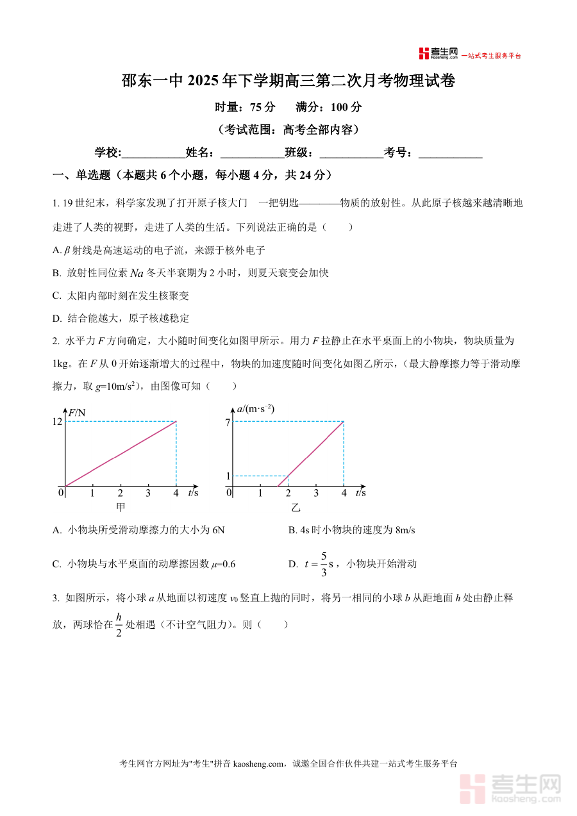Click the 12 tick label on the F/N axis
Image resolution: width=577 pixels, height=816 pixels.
(x=57, y=421)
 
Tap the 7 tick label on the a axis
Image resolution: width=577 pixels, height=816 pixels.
(x=227, y=421)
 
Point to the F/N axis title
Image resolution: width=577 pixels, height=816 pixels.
(x=77, y=412)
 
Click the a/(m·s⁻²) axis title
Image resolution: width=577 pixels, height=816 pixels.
(x=255, y=408)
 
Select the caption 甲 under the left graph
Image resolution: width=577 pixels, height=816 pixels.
(x=121, y=508)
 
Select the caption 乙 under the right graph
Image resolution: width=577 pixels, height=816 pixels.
(x=296, y=508)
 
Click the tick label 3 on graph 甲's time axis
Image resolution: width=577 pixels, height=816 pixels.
(x=148, y=493)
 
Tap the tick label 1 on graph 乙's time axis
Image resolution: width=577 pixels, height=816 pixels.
(x=260, y=493)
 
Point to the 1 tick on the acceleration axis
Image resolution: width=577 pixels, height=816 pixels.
(x=227, y=476)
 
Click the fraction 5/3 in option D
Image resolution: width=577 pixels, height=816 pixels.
(x=324, y=563)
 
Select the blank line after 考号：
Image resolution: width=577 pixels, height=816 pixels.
(x=450, y=153)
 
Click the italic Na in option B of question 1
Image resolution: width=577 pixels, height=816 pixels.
(x=137, y=273)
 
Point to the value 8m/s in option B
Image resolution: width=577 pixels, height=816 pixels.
(x=402, y=530)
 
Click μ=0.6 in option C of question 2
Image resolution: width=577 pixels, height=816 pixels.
(x=223, y=564)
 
